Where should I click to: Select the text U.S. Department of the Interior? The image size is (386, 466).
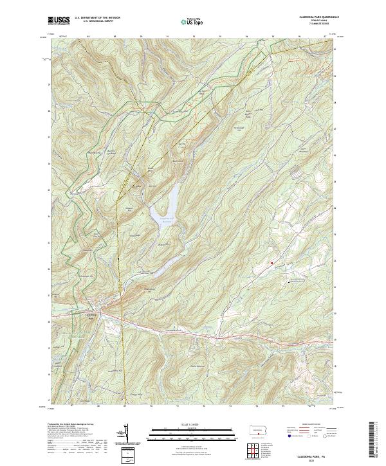98,17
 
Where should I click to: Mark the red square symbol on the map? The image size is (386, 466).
272,263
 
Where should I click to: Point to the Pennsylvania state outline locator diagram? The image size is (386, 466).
258,430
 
